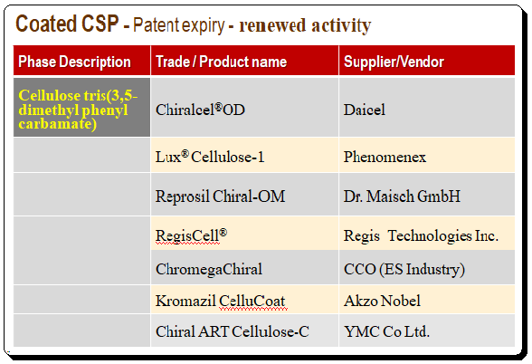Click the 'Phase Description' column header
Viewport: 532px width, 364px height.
pos(74,62)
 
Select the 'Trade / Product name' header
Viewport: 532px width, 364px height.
pos(221,62)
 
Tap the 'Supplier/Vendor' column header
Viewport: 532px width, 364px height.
pos(394,62)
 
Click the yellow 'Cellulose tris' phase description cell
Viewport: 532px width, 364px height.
pos(78,110)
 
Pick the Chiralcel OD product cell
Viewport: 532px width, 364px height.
pos(200,110)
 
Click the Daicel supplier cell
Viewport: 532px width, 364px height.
pos(365,110)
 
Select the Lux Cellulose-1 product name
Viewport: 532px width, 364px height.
pos(210,157)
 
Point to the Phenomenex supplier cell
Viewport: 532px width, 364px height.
pos(385,157)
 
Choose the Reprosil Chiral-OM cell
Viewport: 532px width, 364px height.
pos(220,196)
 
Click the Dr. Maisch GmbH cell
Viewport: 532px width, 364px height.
pos(402,196)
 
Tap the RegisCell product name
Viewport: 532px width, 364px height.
pos(192,235)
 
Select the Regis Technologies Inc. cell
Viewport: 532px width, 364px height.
pos(421,235)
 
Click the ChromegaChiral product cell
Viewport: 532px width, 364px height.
pos(209,269)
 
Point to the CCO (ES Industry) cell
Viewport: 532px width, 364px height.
pos(404,269)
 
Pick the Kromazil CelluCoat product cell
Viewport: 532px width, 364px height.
pos(220,301)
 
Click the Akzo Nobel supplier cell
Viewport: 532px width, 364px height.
pos(382,301)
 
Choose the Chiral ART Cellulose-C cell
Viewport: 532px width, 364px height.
pos(233,331)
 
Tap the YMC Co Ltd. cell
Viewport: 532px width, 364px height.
pos(387,331)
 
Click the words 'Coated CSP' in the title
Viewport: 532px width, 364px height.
pos(67,24)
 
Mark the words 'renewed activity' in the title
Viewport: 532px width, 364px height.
pos(305,25)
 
